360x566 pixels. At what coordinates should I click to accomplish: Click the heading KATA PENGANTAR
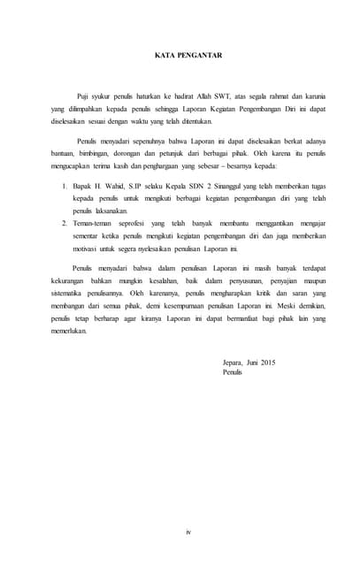coord(180,56)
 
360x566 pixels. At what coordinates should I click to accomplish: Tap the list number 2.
coord(64,224)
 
